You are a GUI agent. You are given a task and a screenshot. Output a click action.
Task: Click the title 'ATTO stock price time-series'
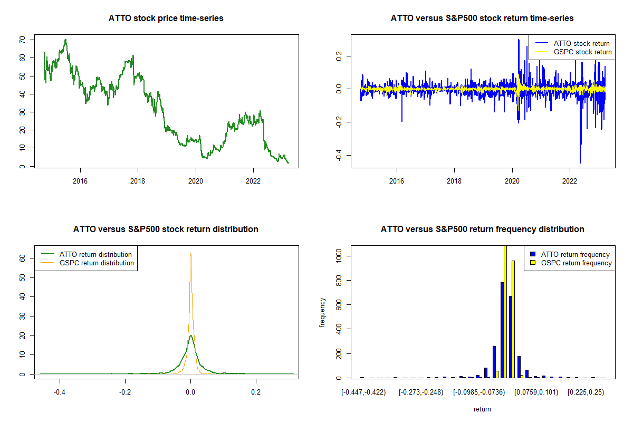coord(166,18)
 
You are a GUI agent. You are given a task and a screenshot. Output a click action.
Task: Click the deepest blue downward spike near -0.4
coord(580,161)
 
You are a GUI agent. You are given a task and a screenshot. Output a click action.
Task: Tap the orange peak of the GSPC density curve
coord(190,254)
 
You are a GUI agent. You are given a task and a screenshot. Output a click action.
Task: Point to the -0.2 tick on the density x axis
coord(125,392)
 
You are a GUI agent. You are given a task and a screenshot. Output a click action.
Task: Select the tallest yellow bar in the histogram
coord(505,311)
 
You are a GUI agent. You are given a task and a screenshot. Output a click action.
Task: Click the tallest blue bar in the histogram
coord(502,330)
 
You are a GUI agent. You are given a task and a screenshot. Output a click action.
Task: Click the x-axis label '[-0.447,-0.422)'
coord(363,392)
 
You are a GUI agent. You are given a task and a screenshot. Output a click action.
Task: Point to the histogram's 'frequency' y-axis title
coord(323,312)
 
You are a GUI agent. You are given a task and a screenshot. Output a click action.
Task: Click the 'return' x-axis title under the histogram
coord(482,409)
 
